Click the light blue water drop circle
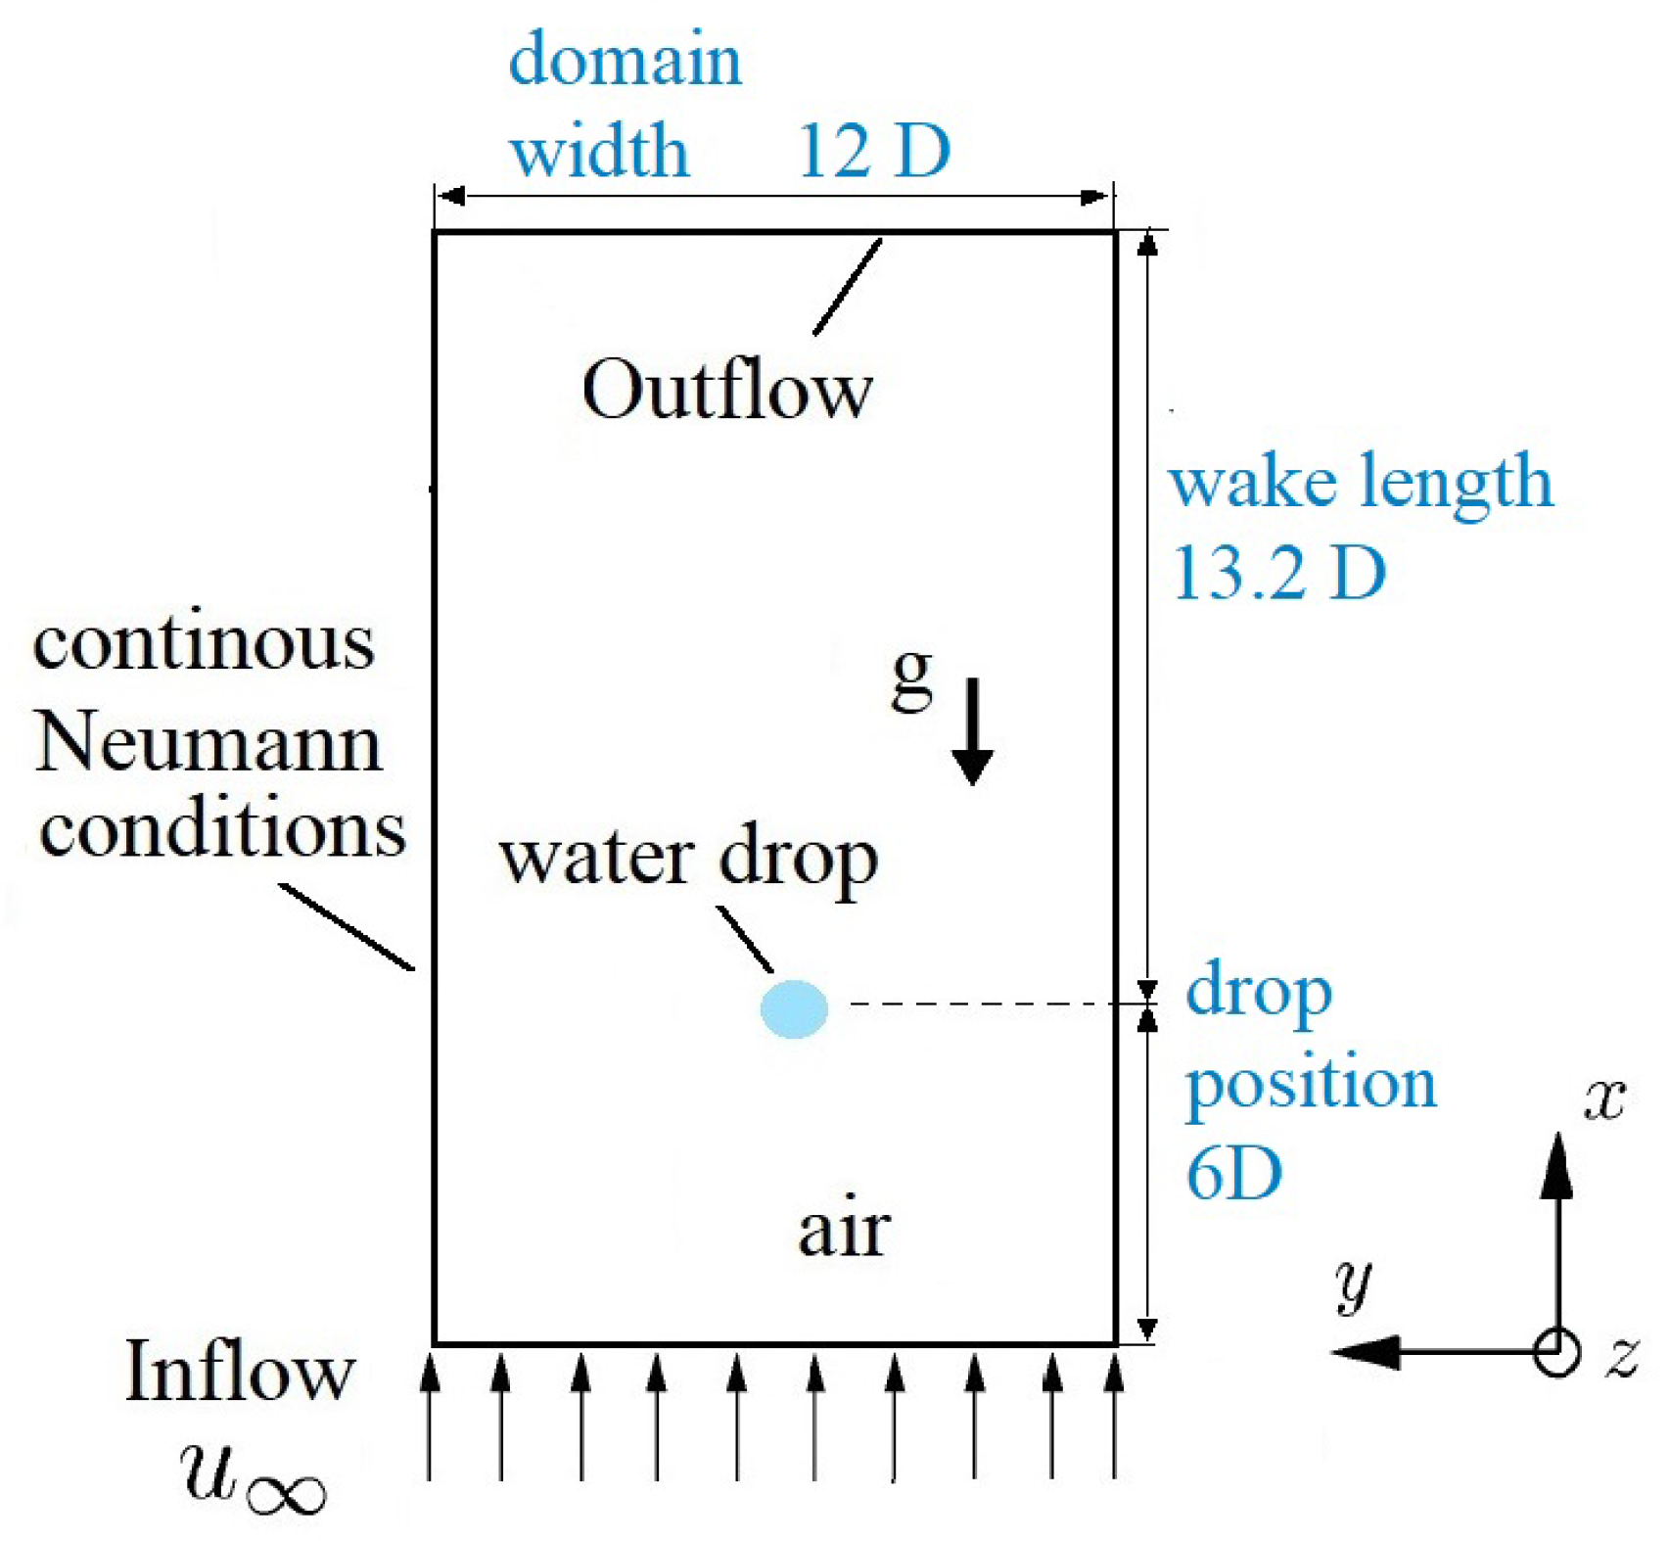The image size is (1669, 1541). tap(794, 1008)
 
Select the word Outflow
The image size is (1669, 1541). tap(726, 390)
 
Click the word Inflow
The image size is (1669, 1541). tap(240, 1372)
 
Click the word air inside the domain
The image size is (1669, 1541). tap(843, 1231)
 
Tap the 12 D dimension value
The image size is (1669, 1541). tap(874, 151)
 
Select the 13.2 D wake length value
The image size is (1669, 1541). tap(1279, 572)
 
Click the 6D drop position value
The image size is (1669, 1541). tap(1233, 1172)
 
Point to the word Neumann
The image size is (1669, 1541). tap(208, 742)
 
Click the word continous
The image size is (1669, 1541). tap(204, 644)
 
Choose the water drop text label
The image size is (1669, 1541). tap(689, 860)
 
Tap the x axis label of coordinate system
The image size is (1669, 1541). tap(1604, 1098)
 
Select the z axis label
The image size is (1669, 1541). tap(1623, 1357)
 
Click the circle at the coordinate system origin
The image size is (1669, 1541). tap(1556, 1353)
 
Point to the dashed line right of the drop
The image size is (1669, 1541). tap(989, 1004)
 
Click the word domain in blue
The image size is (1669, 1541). tap(625, 61)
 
